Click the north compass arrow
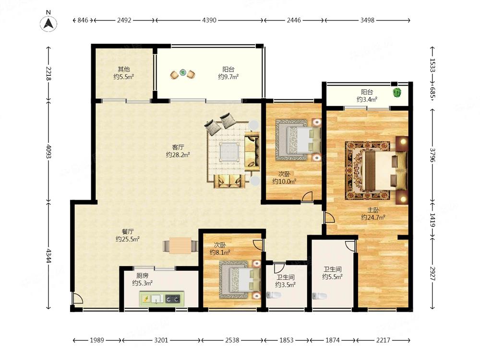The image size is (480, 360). click(x=48, y=23)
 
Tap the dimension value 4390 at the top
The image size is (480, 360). click(x=209, y=20)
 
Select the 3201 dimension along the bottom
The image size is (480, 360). click(x=161, y=340)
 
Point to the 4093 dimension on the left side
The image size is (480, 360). click(x=48, y=151)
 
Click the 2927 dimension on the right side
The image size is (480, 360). click(x=432, y=274)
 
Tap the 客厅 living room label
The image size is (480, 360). click(x=178, y=147)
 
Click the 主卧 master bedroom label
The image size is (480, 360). click(x=373, y=210)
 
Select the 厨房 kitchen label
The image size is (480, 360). click(x=143, y=276)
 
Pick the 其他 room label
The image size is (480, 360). click(x=124, y=69)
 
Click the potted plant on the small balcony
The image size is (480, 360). click(x=397, y=92)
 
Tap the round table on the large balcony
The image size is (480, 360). click(x=183, y=72)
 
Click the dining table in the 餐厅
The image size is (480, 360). click(x=180, y=245)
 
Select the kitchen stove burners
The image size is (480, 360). click(x=173, y=298)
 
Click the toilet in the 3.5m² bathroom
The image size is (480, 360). click(x=274, y=295)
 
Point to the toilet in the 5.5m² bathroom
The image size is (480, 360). click(x=320, y=296)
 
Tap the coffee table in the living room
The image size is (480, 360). click(x=229, y=151)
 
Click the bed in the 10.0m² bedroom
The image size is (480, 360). click(x=298, y=140)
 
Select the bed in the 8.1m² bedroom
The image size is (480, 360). click(x=239, y=279)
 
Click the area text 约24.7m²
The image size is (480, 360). click(x=373, y=217)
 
